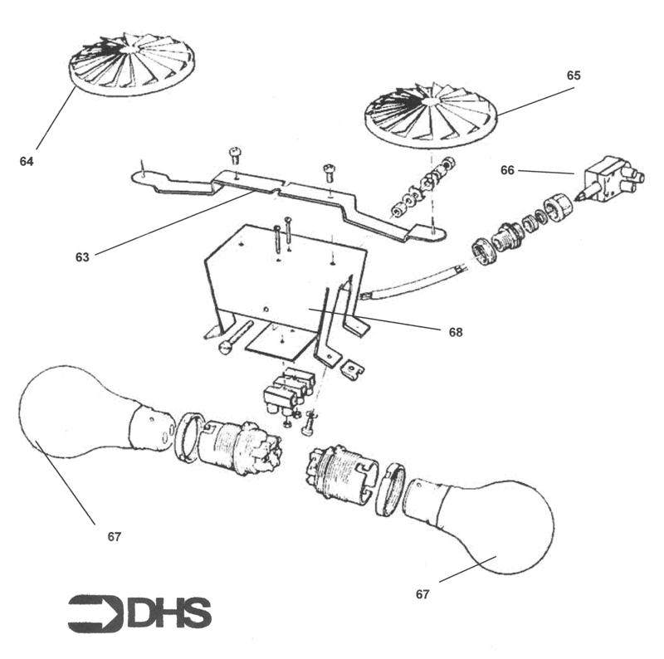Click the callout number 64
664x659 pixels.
click(x=27, y=161)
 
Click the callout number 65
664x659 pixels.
click(x=574, y=76)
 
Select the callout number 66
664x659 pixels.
click(x=507, y=170)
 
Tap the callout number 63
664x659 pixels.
click(x=82, y=257)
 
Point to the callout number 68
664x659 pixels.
click(x=456, y=333)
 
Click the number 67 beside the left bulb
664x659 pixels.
click(x=115, y=537)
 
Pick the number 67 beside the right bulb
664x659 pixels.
click(x=422, y=594)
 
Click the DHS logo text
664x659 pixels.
click(x=169, y=613)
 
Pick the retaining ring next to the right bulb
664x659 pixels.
click(x=389, y=489)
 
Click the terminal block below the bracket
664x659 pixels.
click(x=289, y=389)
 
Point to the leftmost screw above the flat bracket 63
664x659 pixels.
click(x=235, y=156)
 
